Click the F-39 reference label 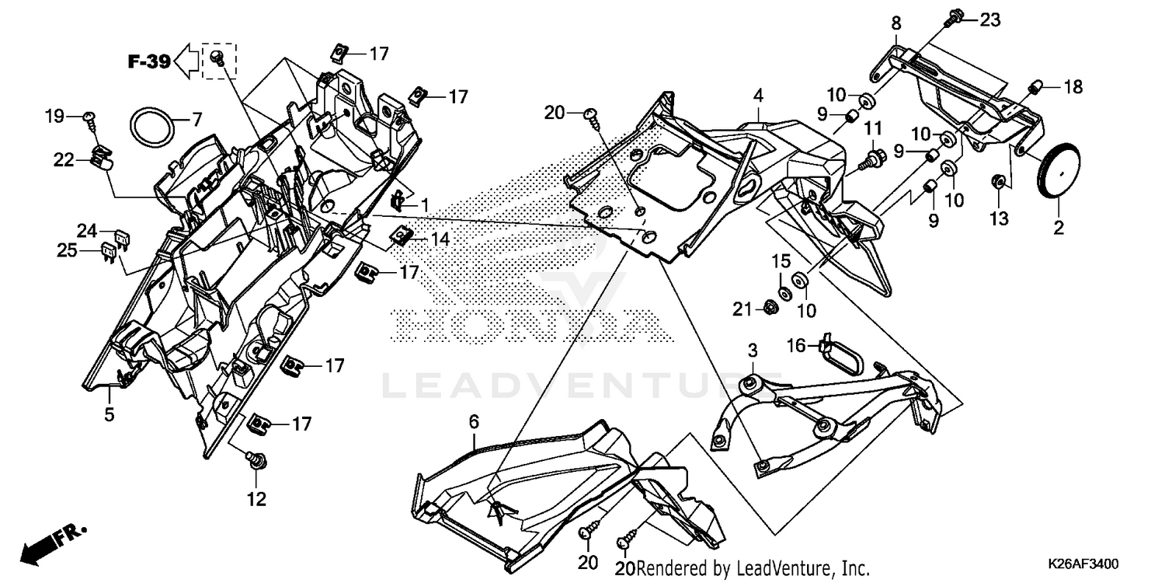coord(149,62)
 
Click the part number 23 coord(990,19)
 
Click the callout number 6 coord(473,421)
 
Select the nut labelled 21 coord(770,308)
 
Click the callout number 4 coord(758,96)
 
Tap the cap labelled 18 coord(1037,86)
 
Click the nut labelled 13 coord(998,182)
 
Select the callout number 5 coord(110,414)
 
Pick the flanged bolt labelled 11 coord(872,159)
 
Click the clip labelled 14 coord(402,237)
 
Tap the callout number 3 coord(753,351)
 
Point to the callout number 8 coord(896,23)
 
